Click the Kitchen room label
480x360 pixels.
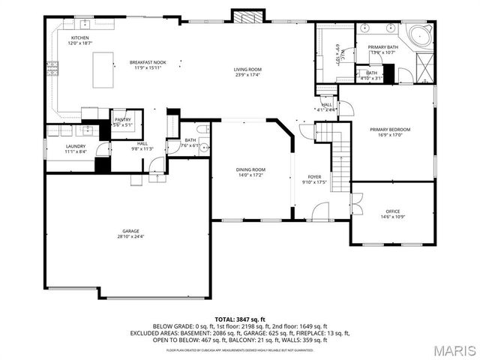point(80,37)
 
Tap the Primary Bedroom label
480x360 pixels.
point(390,129)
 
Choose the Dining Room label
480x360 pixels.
point(250,169)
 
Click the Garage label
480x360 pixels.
point(131,231)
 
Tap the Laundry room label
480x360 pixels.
point(75,146)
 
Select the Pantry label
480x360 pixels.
point(122,120)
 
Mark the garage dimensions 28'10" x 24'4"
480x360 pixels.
point(131,237)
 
